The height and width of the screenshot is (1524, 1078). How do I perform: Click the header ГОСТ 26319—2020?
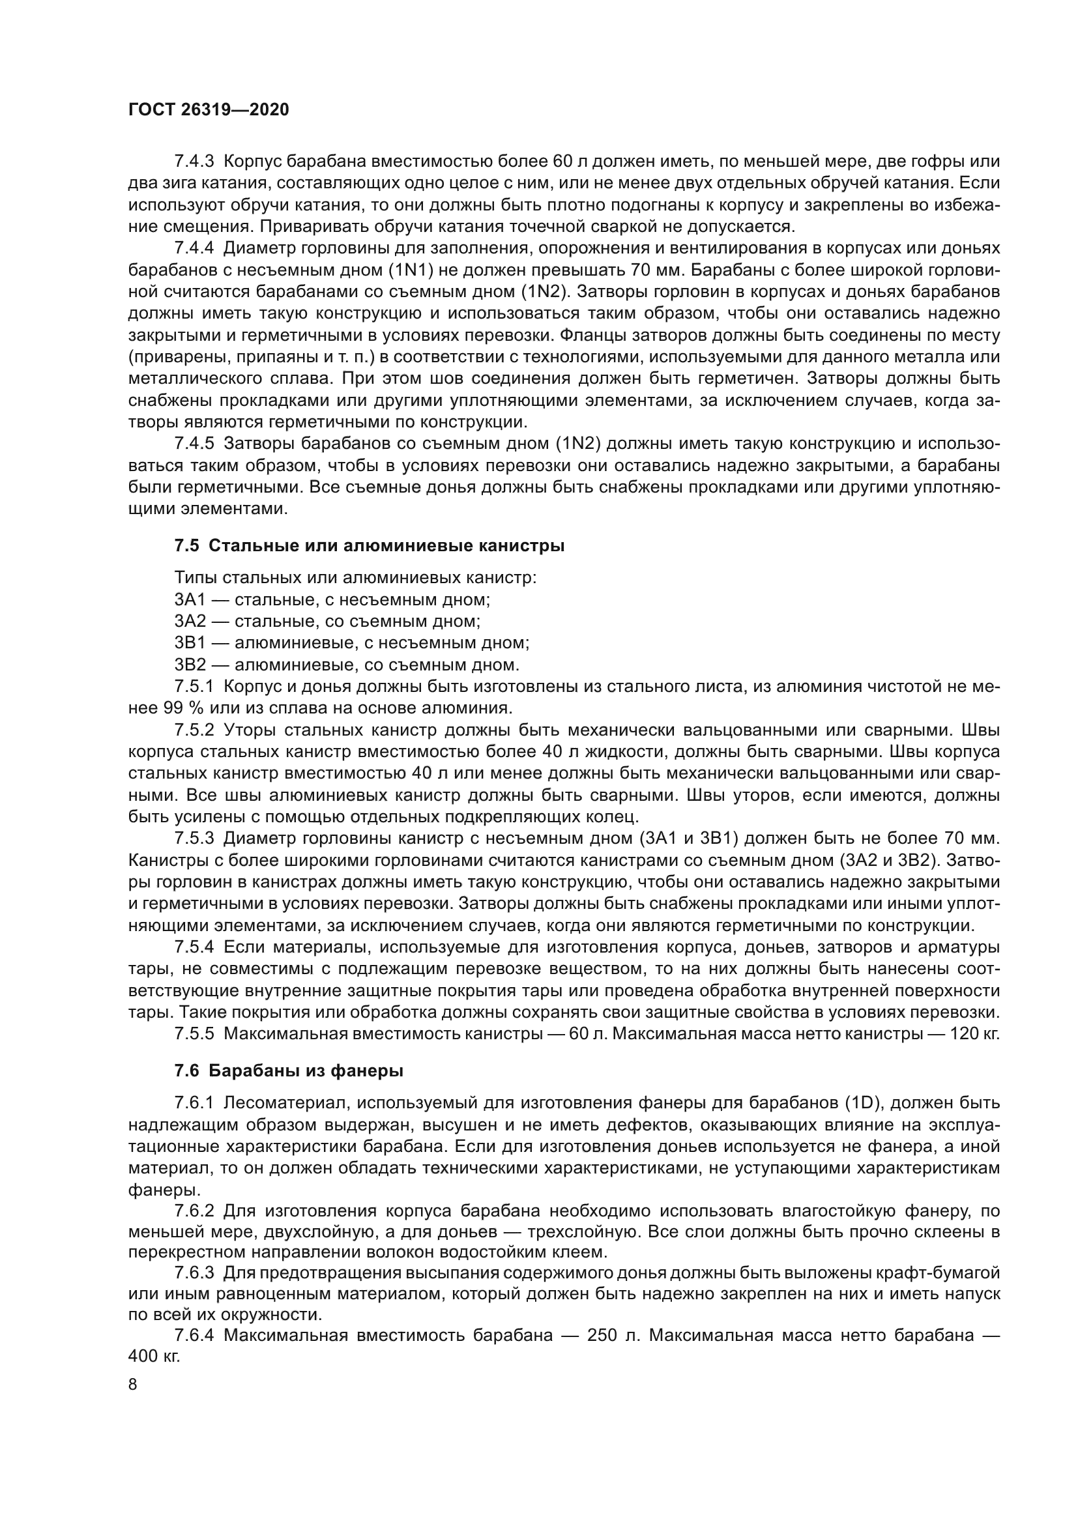(209, 110)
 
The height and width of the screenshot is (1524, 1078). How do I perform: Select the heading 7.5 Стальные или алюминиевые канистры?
(369, 545)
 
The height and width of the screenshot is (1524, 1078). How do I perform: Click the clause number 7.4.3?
(194, 162)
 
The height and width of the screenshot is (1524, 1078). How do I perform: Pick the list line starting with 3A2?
(327, 622)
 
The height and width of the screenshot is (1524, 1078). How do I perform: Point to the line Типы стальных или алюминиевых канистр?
(356, 578)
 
